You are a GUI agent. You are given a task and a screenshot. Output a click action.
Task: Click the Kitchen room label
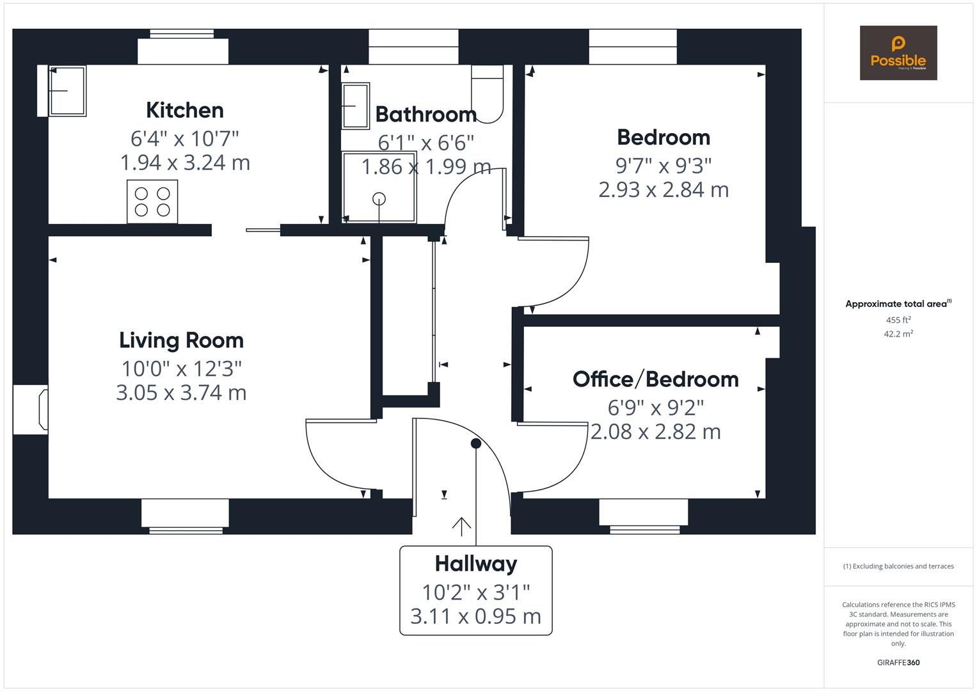[185, 110]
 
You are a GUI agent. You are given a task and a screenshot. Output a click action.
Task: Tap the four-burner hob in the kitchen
[152, 202]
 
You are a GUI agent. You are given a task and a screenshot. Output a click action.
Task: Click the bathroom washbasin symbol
[355, 106]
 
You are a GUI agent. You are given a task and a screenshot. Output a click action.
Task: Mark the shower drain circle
[379, 198]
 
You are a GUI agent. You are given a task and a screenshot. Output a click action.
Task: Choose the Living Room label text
[182, 340]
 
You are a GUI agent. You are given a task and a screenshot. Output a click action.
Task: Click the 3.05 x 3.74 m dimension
[181, 392]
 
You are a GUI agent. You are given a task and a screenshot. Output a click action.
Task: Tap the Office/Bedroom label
[656, 379]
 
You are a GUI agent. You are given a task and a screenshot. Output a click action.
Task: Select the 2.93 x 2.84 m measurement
[663, 189]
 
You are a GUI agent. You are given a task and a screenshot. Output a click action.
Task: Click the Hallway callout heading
[476, 564]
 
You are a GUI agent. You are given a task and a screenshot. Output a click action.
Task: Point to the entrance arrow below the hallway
[461, 526]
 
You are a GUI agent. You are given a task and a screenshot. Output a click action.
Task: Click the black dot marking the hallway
[476, 443]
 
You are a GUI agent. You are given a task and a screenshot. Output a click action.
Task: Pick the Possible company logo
[898, 53]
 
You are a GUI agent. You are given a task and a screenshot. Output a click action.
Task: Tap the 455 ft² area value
[898, 320]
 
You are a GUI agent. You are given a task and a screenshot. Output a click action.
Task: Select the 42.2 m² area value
[898, 333]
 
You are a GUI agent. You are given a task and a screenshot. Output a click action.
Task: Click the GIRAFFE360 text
[898, 662]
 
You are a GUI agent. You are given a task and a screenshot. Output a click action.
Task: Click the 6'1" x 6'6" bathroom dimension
[425, 142]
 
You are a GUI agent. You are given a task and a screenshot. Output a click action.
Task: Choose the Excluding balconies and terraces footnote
[898, 566]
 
